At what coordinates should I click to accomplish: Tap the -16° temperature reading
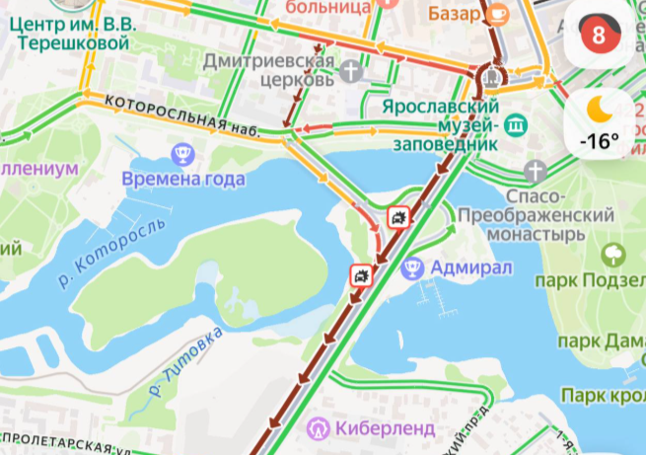(600, 140)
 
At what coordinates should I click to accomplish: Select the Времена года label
(183, 180)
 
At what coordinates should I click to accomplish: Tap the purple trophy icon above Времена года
(181, 153)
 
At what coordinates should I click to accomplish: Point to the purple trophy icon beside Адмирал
(414, 266)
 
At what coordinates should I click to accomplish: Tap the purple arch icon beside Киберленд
(318, 429)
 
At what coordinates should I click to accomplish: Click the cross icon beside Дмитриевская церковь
(352, 70)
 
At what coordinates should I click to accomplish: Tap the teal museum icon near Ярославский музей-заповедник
(515, 124)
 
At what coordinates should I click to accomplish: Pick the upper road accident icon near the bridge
(398, 218)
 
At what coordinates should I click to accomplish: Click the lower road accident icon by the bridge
(361, 274)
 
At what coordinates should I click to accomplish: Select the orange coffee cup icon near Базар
(498, 13)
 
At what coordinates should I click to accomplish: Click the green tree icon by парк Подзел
(613, 255)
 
